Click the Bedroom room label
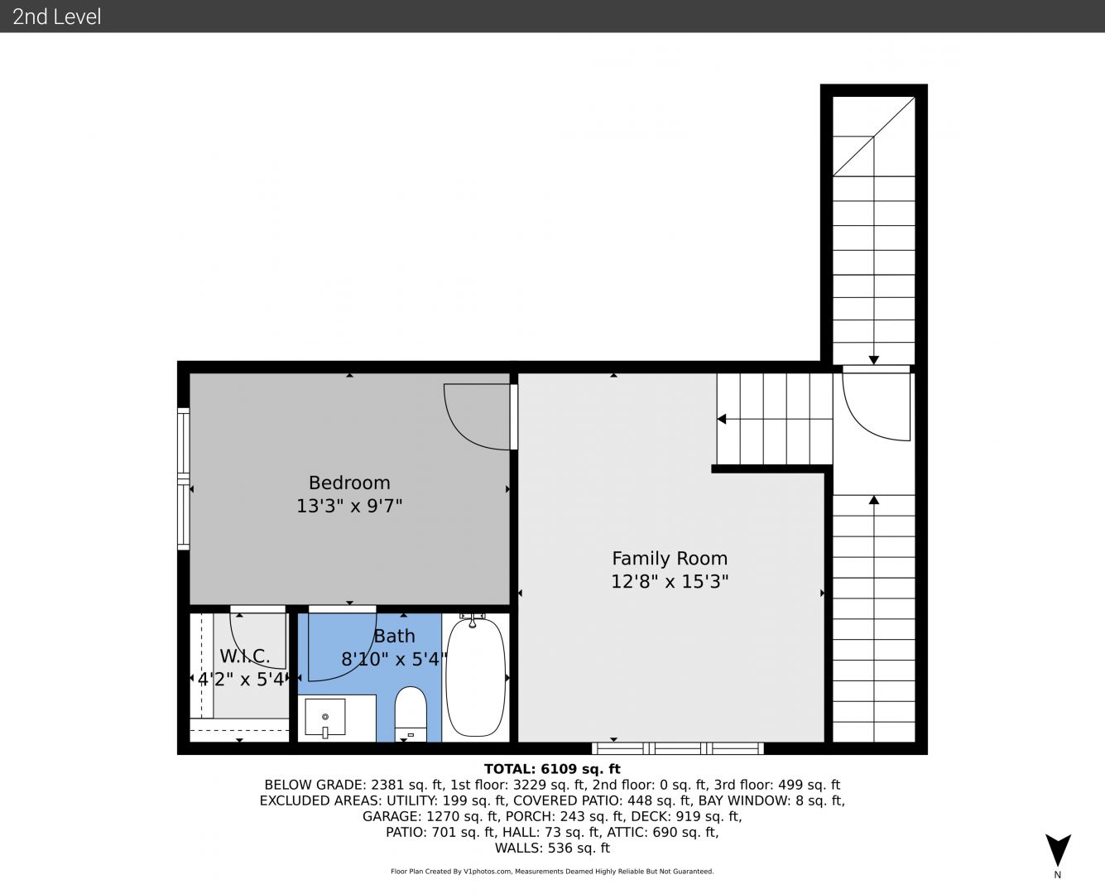point(349,483)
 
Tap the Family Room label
point(670,558)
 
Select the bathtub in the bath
point(475,677)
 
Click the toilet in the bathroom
point(411,714)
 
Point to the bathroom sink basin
point(325,717)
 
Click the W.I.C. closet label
point(245,656)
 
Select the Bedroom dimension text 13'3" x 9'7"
point(349,506)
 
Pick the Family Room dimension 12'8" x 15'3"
point(670,581)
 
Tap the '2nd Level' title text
point(56,17)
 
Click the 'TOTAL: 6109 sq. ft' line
point(552,769)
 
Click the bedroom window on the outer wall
point(183,478)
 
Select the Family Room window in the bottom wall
point(678,748)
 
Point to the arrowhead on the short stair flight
point(722,419)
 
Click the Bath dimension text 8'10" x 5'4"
point(394,659)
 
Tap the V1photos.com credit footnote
point(552,872)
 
